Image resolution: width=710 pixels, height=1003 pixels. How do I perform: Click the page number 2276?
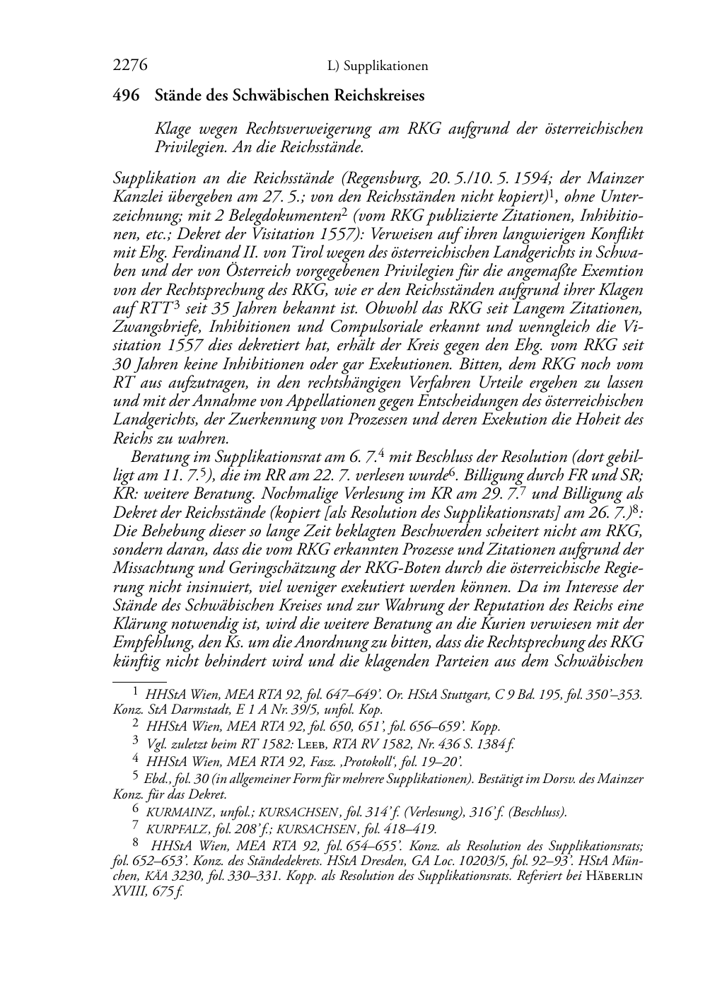[129, 66]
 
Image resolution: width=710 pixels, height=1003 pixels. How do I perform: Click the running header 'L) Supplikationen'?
[378, 66]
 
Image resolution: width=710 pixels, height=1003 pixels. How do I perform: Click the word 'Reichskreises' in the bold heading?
[380, 95]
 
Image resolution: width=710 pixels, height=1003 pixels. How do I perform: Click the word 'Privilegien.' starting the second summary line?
[185, 148]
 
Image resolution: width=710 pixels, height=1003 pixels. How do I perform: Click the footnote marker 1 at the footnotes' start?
[136, 693]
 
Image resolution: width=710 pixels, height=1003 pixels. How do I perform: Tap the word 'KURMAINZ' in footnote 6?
[174, 813]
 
